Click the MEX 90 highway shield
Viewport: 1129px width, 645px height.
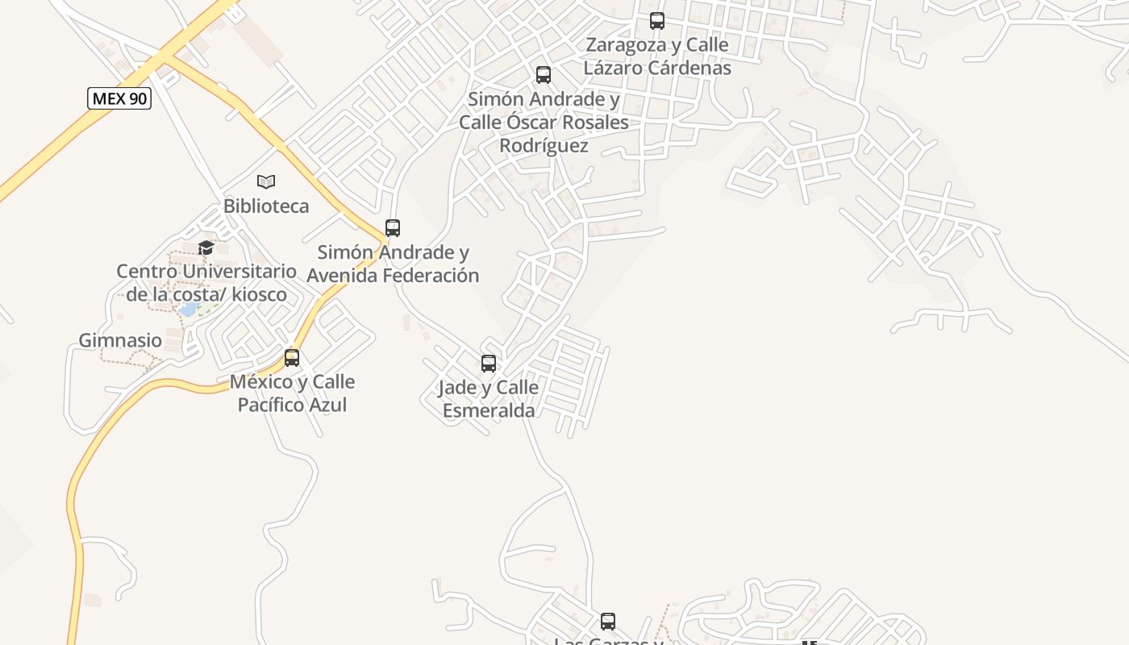[x=119, y=98]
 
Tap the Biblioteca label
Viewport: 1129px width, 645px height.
[x=266, y=206]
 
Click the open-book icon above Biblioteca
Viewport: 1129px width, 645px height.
[x=266, y=181]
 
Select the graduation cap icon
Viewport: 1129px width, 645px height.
[x=206, y=248]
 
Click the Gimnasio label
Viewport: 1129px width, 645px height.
[x=120, y=340]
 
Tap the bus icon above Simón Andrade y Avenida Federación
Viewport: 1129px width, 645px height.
[x=393, y=228]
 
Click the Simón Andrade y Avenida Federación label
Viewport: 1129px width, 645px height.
[x=393, y=264]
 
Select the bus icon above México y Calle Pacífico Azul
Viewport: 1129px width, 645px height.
[x=292, y=357]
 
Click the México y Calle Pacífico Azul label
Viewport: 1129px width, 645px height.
[x=292, y=393]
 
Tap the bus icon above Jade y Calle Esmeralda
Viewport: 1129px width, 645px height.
[x=489, y=364]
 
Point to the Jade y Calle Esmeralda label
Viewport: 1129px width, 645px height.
[x=489, y=399]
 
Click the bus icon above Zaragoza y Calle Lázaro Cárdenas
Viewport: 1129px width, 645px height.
[x=657, y=21]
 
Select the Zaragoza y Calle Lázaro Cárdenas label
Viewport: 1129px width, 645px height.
[x=657, y=56]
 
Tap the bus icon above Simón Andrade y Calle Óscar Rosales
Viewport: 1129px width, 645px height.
[x=544, y=75]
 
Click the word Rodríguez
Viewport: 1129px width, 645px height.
[x=544, y=146]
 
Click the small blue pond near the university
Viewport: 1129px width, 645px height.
[x=189, y=310]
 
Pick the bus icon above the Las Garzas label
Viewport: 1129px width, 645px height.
[x=608, y=622]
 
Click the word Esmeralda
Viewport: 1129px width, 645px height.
[x=489, y=410]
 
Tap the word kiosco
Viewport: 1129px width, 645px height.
[x=259, y=294]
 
